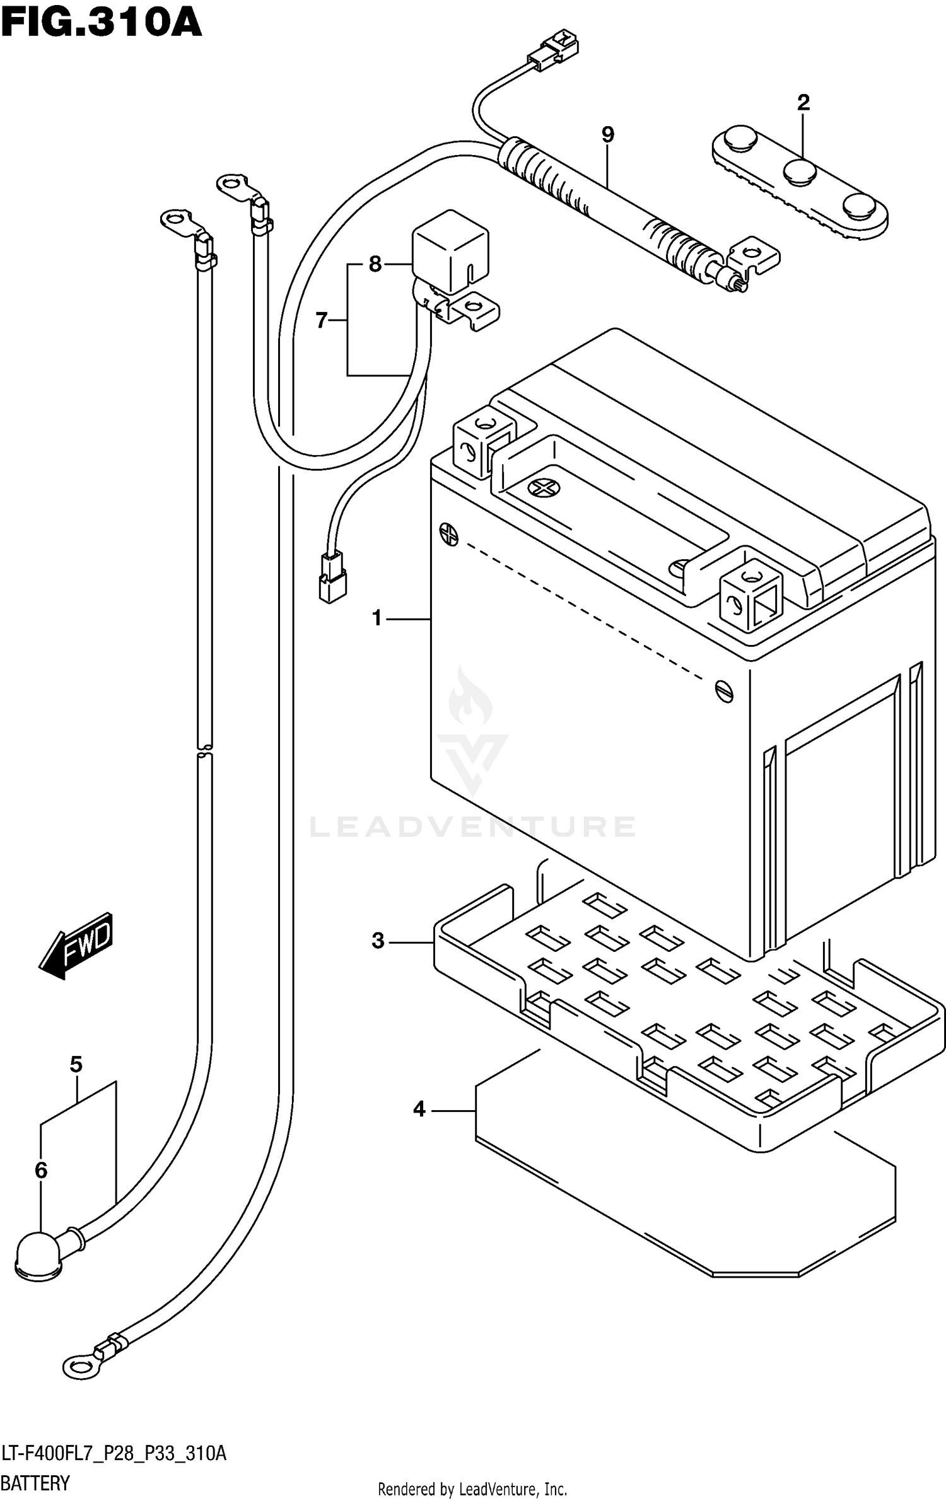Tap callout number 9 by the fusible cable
(607, 134)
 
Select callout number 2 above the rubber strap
(803, 103)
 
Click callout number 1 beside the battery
(377, 618)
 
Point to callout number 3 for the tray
(378, 941)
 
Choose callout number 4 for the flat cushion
(419, 1110)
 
